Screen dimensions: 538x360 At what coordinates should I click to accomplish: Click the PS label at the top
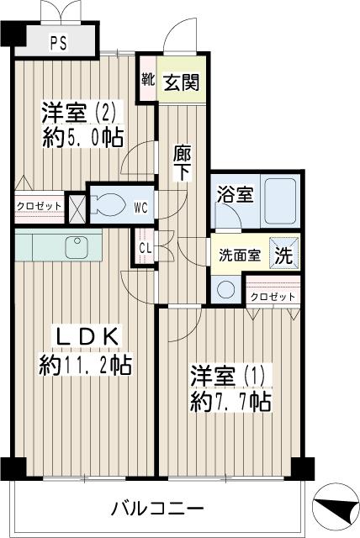click(59, 42)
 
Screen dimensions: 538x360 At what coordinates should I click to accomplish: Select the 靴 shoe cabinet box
click(147, 82)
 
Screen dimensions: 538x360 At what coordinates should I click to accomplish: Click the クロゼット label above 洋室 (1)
click(273, 297)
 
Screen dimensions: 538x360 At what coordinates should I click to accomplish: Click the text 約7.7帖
click(230, 402)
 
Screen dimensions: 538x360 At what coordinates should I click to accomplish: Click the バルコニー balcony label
click(157, 509)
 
